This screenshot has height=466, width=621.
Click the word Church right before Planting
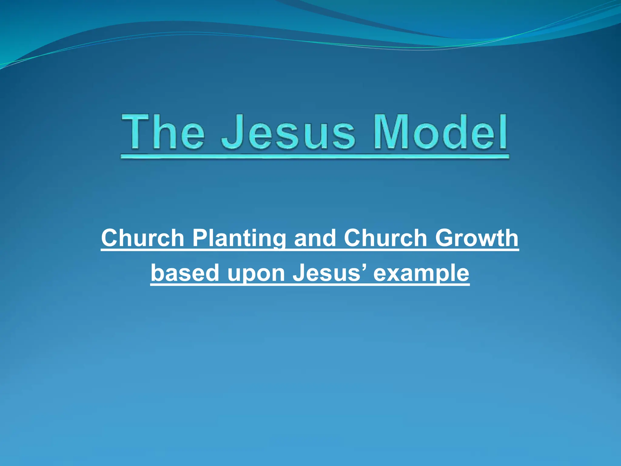coord(143,238)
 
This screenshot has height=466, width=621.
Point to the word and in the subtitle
coord(315,238)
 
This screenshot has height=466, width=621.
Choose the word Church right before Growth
coord(385,238)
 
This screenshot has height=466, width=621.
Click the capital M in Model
coord(391,132)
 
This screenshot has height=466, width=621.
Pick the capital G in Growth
coord(445,238)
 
